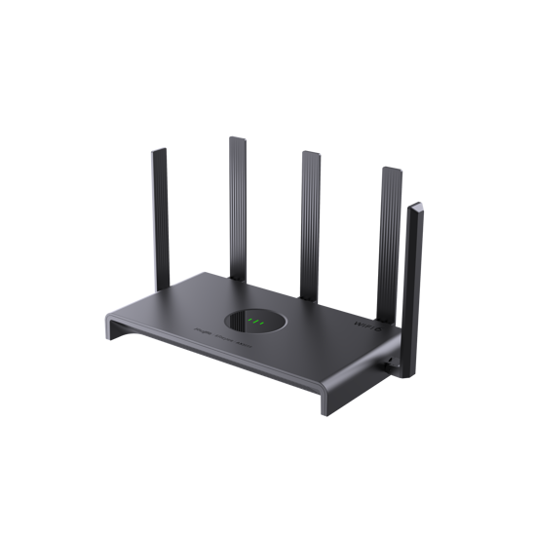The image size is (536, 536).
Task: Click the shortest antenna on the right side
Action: tap(413, 263)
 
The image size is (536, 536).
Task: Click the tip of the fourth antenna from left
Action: tap(391, 168)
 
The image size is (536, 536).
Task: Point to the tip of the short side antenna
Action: tap(417, 206)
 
